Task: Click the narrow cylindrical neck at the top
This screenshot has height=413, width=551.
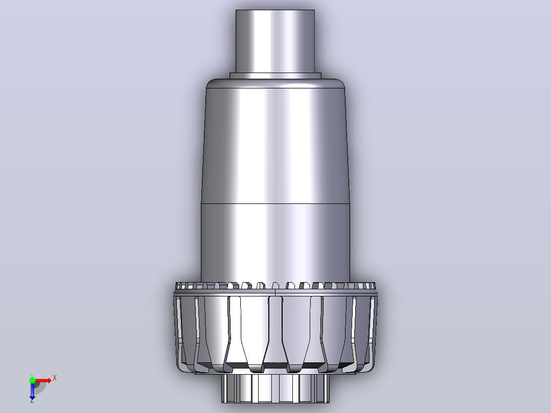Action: click(x=275, y=41)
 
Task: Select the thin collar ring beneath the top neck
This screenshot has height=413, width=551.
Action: click(x=275, y=76)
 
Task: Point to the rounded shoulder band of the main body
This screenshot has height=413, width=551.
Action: click(x=275, y=83)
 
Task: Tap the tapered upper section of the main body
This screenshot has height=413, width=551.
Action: click(x=275, y=146)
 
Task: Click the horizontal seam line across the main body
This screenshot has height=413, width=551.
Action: click(x=275, y=203)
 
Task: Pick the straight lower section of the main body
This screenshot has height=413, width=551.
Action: click(x=275, y=242)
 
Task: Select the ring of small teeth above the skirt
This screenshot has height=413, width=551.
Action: click(x=275, y=285)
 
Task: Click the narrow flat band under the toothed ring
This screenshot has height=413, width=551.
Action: click(x=275, y=292)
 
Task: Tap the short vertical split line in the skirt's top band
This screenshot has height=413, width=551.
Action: click(x=275, y=292)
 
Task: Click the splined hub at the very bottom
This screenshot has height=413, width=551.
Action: click(x=275, y=388)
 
